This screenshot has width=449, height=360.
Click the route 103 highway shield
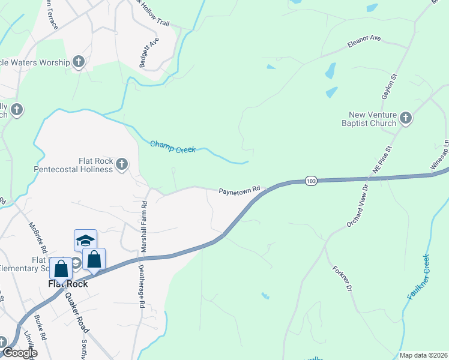tap(310, 181)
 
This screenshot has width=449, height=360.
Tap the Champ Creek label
tap(173, 146)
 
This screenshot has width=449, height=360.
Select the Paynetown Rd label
tap(239, 190)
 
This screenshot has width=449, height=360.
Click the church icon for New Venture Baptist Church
tap(406, 118)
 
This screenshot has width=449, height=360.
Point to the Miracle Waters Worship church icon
tap(78, 61)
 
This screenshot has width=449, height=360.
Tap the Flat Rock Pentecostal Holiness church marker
tap(122, 164)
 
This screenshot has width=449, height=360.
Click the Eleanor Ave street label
tap(364, 41)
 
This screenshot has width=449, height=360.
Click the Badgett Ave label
tap(145, 51)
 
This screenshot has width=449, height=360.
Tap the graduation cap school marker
tap(85, 240)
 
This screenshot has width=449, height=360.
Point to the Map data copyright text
tap(423, 355)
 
